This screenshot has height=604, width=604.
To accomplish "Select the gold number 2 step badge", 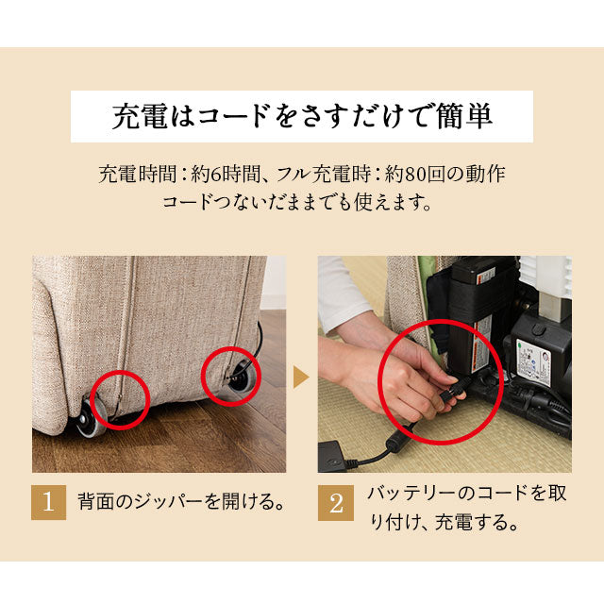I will pyautogui.click(x=335, y=502).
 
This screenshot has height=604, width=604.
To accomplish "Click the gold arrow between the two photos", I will pyautogui.click(x=301, y=378).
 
